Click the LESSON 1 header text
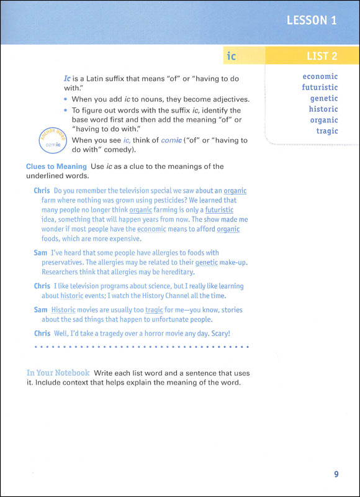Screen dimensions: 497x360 click(x=311, y=21)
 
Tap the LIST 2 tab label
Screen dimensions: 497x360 click(x=322, y=57)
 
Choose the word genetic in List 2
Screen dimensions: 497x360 click(x=324, y=98)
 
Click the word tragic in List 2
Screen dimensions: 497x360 click(x=326, y=131)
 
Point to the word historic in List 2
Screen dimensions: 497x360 click(x=323, y=109)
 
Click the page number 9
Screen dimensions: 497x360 click(x=336, y=474)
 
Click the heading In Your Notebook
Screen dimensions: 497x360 click(x=58, y=372)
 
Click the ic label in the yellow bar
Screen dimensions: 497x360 click(x=231, y=57)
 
